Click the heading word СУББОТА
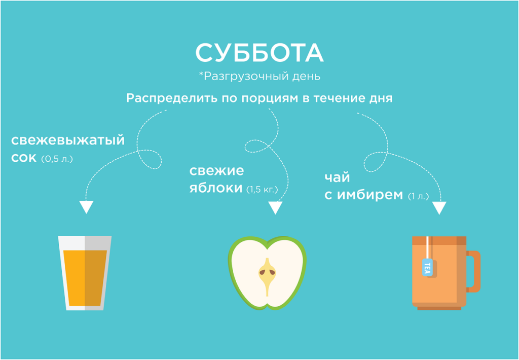click(259, 53)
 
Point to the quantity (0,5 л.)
click(57, 159)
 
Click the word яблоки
click(216, 189)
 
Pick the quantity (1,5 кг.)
click(262, 190)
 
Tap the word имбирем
click(370, 195)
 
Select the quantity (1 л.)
click(418, 196)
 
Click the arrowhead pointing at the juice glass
click(86, 207)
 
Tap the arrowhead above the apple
click(275, 208)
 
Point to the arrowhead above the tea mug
click(439, 208)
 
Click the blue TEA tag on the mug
click(427, 267)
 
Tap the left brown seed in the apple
click(263, 272)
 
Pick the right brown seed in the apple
click(272, 272)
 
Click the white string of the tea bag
click(428, 247)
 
